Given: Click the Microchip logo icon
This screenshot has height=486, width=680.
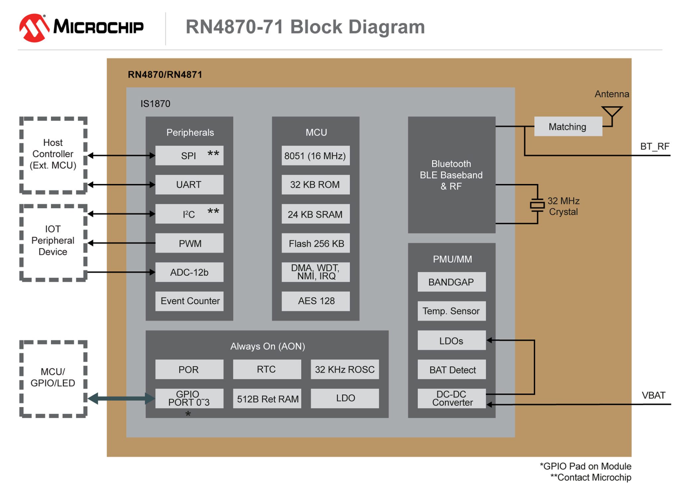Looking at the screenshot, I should (34, 28).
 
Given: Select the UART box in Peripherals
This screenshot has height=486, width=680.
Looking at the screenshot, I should (189, 184).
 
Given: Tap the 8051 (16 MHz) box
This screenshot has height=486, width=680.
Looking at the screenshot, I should (315, 155).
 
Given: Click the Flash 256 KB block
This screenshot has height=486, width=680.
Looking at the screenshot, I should (316, 243).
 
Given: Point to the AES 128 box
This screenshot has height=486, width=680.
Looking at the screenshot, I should (316, 301).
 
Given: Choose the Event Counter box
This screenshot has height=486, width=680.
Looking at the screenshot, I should (190, 301).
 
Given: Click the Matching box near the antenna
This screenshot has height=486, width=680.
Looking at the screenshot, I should (568, 127).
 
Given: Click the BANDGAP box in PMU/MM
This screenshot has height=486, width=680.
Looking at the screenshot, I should (451, 282).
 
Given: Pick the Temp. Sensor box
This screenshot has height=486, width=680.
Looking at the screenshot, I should (451, 311).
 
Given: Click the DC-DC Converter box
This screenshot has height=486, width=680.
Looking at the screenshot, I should (452, 398).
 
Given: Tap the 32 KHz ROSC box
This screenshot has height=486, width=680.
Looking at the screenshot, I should (345, 369).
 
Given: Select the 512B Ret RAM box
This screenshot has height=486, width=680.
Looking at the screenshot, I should (268, 399).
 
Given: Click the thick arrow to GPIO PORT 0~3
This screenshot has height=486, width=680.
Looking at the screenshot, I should (121, 398).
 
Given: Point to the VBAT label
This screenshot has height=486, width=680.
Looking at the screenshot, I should (653, 395).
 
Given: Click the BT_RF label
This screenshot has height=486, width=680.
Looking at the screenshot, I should (654, 146).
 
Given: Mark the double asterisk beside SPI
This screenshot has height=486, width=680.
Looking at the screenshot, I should (213, 153).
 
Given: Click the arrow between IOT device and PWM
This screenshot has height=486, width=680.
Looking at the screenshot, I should (121, 243).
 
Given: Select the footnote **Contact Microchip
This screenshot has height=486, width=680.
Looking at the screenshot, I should (591, 477).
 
